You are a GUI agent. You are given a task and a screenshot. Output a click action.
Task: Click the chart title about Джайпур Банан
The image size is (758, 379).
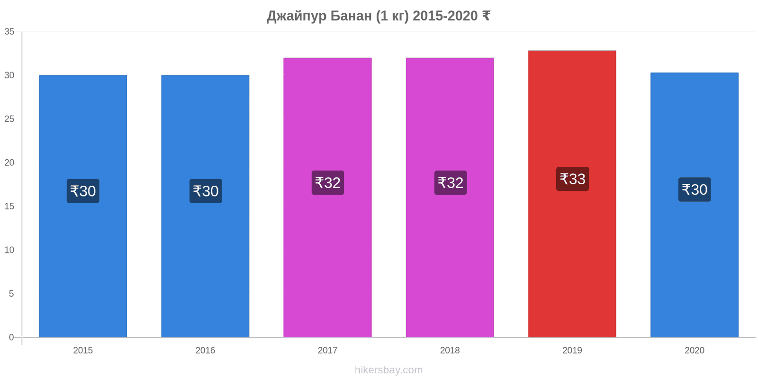[379, 16]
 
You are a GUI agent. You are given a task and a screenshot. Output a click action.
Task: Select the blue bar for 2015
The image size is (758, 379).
[83, 206]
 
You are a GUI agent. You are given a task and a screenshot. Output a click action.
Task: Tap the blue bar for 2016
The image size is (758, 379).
[205, 206]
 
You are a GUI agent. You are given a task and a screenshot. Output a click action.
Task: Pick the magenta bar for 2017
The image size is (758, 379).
[327, 198]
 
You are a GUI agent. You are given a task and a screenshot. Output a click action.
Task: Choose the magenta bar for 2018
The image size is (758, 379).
[450, 198]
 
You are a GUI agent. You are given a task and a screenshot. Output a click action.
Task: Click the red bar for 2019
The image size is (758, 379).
[572, 194]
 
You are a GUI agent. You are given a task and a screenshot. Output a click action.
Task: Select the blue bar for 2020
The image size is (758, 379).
[695, 205]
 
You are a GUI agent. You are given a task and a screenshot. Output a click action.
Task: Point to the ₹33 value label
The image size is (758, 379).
[573, 179]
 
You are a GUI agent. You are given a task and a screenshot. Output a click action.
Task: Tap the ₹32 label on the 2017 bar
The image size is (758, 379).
[328, 183]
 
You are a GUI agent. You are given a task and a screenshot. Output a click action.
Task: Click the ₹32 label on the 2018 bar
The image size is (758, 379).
[451, 183]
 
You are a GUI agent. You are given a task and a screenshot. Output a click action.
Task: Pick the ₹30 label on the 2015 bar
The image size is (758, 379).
[83, 191]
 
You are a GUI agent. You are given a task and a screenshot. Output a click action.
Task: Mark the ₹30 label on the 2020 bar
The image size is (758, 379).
[695, 189]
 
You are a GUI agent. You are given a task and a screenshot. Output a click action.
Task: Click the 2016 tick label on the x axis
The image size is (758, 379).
[205, 350]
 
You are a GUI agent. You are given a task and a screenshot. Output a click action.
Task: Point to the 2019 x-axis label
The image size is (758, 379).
[572, 350]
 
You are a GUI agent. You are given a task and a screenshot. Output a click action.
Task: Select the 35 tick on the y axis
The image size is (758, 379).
[9, 31]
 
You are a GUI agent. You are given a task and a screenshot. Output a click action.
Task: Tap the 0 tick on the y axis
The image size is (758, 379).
[11, 337]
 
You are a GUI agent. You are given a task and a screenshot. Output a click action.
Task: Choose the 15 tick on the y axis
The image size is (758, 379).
[9, 207]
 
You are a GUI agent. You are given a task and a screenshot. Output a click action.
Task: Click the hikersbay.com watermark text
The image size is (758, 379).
[389, 370]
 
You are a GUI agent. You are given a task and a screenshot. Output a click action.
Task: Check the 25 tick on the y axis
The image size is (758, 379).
[9, 119]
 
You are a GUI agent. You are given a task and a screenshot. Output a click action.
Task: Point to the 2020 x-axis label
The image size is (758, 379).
[695, 350]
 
